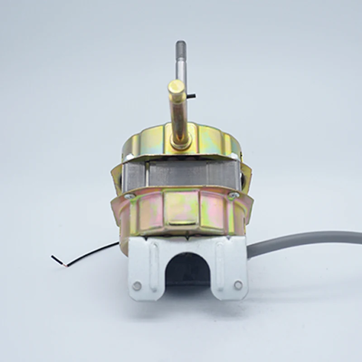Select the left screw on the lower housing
click(x=130, y=195)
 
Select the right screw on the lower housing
click(x=233, y=195)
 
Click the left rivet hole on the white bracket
click(x=137, y=286)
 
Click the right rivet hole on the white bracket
click(x=238, y=285)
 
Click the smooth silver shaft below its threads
click(x=180, y=68)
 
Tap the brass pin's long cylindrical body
click(x=176, y=118)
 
